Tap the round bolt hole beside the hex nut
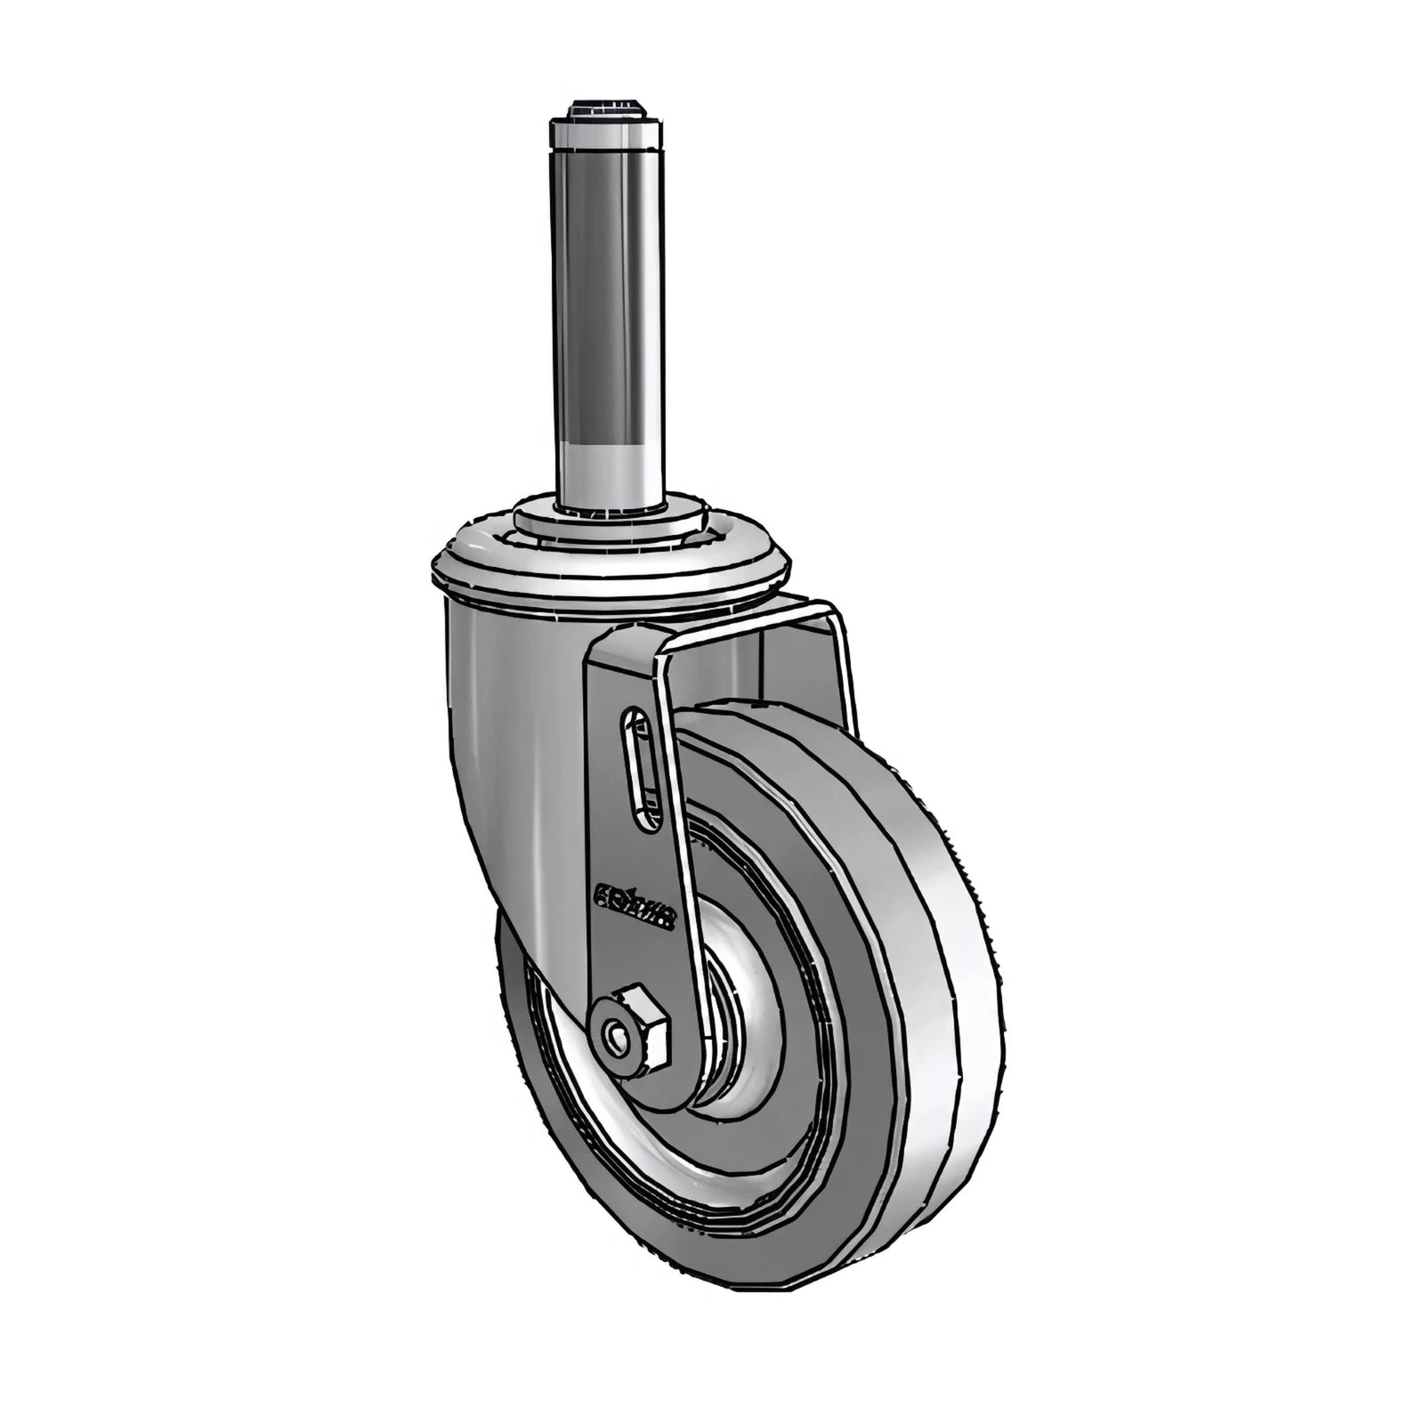pyautogui.click(x=613, y=1034)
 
